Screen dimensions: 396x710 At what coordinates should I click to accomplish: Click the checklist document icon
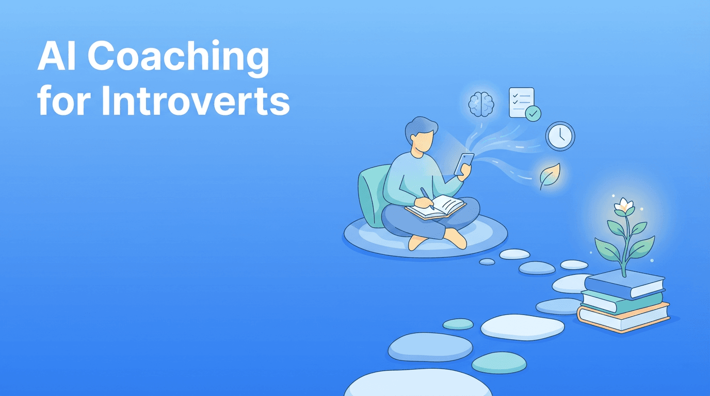pyautogui.click(x=521, y=102)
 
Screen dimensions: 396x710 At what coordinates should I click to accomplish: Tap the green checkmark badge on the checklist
pyautogui.click(x=533, y=113)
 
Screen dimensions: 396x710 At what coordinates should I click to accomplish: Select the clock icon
pyautogui.click(x=560, y=136)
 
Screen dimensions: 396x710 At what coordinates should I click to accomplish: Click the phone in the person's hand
pyautogui.click(x=463, y=164)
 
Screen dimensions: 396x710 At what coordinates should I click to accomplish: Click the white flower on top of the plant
pyautogui.click(x=624, y=205)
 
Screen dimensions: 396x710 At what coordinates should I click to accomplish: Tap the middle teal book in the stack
pyautogui.click(x=622, y=300)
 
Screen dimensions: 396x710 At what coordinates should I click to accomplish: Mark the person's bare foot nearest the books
pyautogui.click(x=455, y=238)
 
